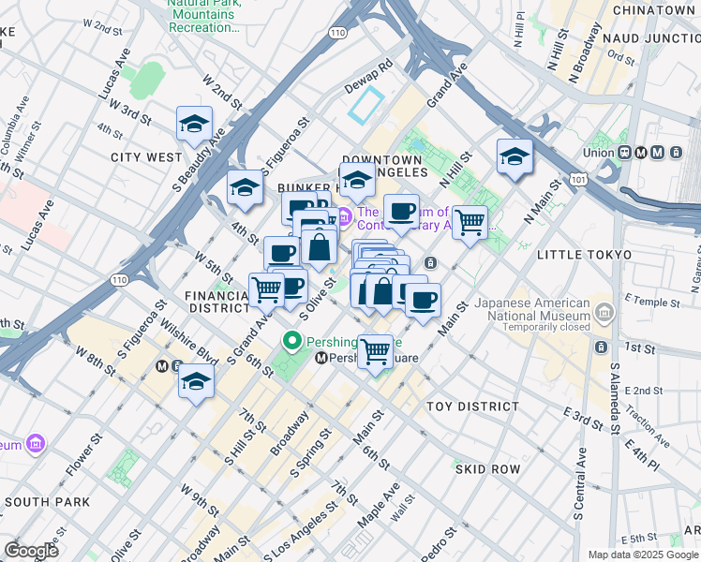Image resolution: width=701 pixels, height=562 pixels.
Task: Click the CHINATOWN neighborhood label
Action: [655, 9]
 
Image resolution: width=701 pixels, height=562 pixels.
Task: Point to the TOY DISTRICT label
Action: [472, 407]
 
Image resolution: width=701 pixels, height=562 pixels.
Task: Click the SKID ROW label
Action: [486, 467]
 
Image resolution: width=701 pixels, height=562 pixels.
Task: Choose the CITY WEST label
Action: [146, 156]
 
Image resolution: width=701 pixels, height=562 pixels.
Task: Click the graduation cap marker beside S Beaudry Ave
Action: [194, 125]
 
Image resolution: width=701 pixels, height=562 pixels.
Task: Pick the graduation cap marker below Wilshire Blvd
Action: [196, 382]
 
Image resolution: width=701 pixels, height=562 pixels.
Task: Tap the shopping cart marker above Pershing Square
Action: [376, 352]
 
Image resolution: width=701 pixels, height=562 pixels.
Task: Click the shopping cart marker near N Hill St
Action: [470, 223]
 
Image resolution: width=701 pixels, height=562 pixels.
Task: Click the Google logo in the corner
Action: [32, 551]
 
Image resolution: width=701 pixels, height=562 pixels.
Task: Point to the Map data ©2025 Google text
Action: [643, 555]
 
